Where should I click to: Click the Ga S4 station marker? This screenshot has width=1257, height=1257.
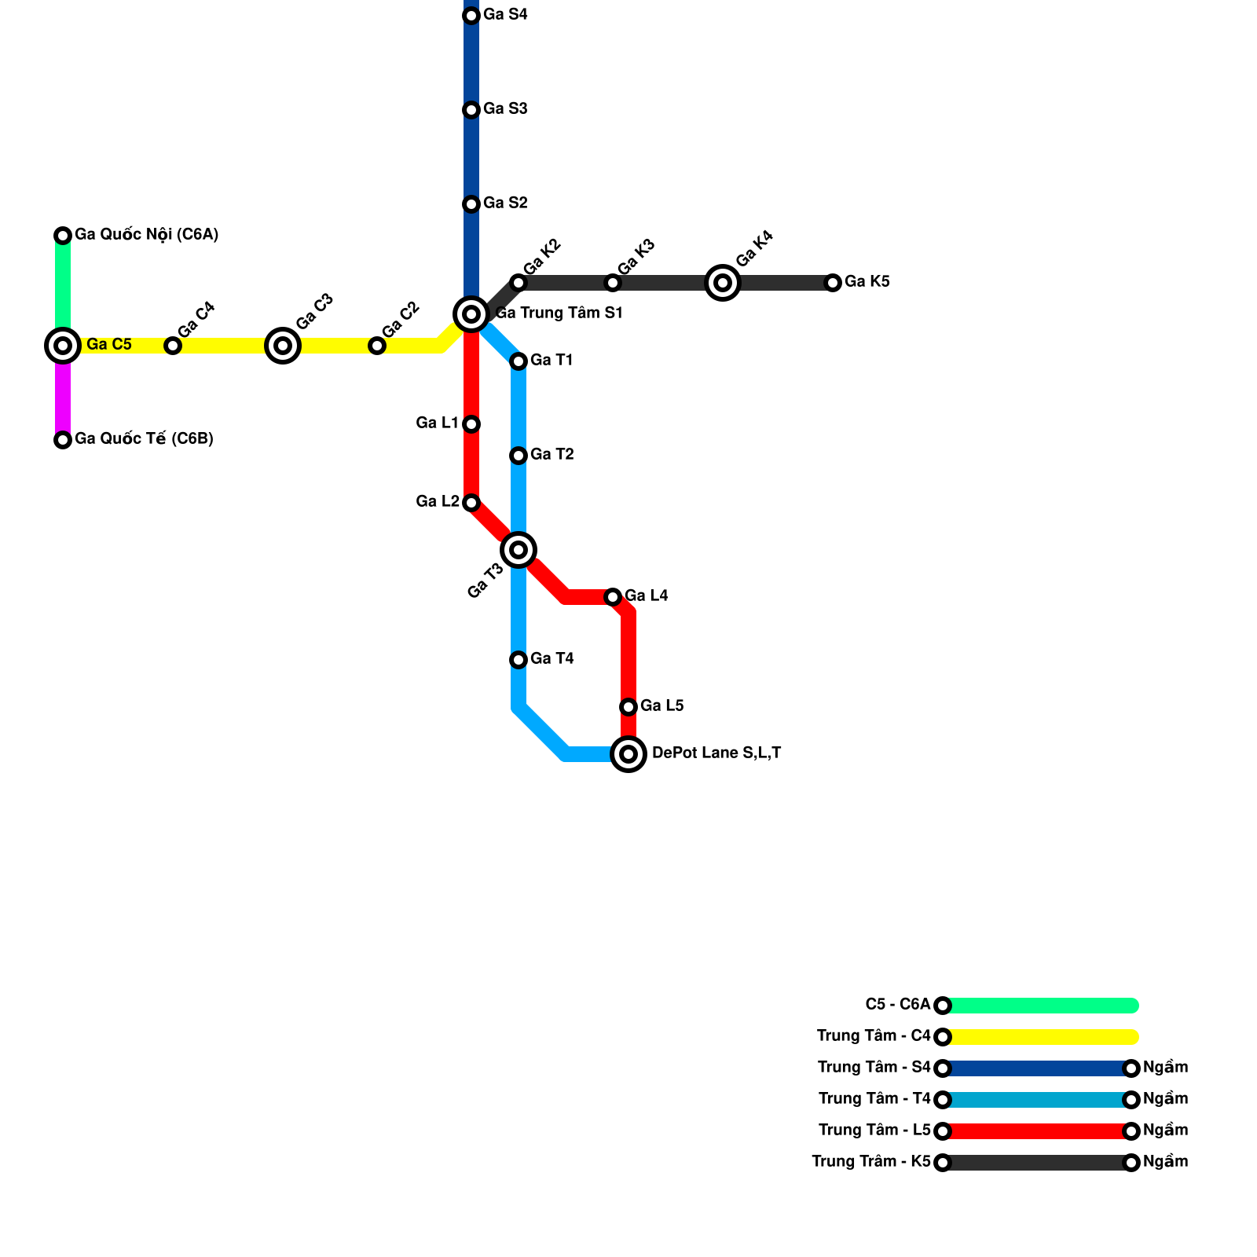tap(471, 16)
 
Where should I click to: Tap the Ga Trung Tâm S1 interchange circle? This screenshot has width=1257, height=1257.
tap(471, 314)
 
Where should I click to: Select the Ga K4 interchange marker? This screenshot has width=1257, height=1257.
tap(723, 283)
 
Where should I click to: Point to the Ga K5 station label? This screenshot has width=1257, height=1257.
tap(867, 282)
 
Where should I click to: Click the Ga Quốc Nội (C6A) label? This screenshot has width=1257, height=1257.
tap(146, 235)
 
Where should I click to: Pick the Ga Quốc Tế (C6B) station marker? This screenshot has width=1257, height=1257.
tap(63, 440)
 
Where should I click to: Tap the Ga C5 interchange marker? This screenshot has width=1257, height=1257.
tap(63, 346)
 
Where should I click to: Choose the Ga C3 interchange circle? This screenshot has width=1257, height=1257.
tap(283, 346)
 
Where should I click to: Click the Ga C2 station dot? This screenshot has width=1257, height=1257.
tap(377, 346)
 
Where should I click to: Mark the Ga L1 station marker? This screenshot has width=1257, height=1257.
tap(471, 424)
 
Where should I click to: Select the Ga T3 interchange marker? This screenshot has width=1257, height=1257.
tap(519, 550)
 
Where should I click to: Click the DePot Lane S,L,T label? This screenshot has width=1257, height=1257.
tap(716, 753)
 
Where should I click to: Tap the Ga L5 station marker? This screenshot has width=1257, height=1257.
tap(628, 707)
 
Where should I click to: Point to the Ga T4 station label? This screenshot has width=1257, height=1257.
tap(552, 659)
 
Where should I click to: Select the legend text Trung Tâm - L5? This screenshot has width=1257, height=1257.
tap(874, 1131)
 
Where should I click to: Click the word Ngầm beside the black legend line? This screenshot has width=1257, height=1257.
tap(1165, 1162)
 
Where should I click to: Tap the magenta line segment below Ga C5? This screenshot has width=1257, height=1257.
tap(63, 397)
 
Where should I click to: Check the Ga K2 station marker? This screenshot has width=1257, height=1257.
tap(519, 283)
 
